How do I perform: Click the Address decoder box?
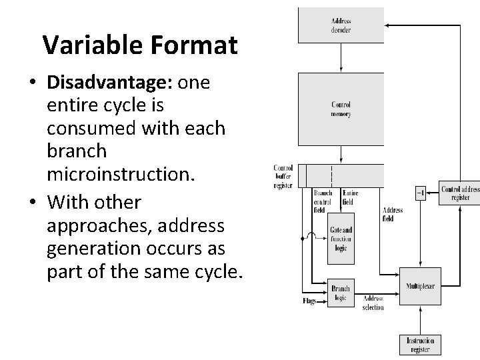pos(341,25)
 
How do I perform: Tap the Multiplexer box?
pos(420,287)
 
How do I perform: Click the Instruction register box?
pos(420,345)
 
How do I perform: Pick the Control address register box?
pos(459,193)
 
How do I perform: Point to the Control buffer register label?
pos(283,176)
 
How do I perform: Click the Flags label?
pos(309,301)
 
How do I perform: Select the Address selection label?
pos(373,303)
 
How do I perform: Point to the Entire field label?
pos(350,197)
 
